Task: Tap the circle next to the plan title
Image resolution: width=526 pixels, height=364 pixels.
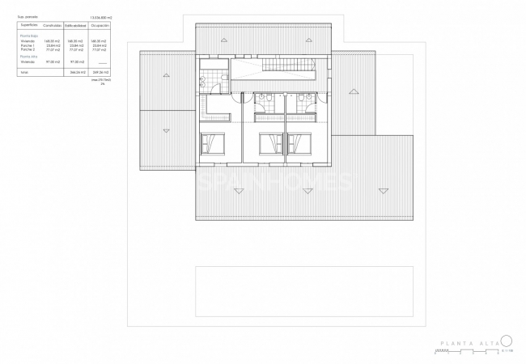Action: (507, 341)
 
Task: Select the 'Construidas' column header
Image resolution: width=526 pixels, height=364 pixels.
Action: (53, 26)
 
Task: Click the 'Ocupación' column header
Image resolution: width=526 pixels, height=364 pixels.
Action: (100, 26)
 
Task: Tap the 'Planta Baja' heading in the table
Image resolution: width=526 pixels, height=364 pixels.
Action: (28, 36)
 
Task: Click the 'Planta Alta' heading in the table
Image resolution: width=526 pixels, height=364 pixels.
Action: (28, 56)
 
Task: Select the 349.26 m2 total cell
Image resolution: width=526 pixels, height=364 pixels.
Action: (100, 73)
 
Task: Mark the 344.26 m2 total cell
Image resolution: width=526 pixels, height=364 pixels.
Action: (77, 73)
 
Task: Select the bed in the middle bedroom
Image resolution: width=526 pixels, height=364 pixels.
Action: (270, 145)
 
